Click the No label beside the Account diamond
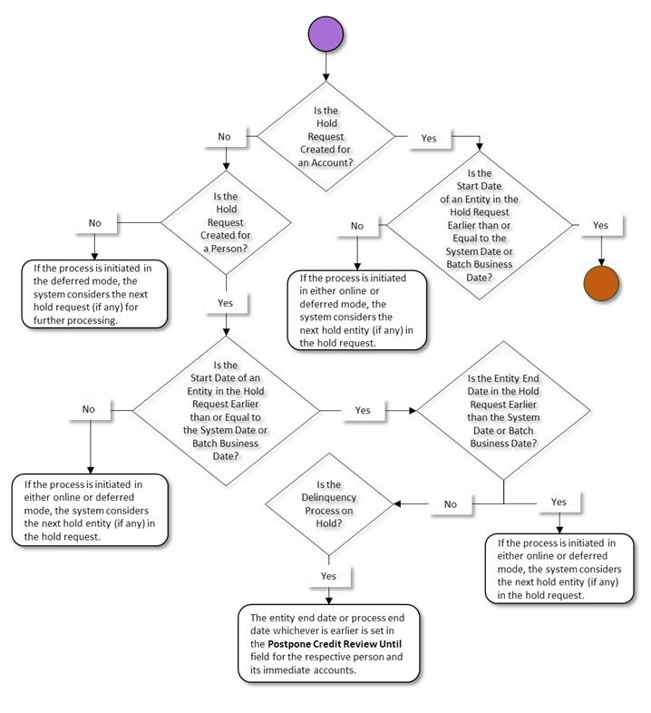pos(224,137)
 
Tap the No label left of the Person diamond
pos(95,221)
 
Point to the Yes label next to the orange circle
pos(600,224)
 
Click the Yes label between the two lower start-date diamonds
pos(362,410)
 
